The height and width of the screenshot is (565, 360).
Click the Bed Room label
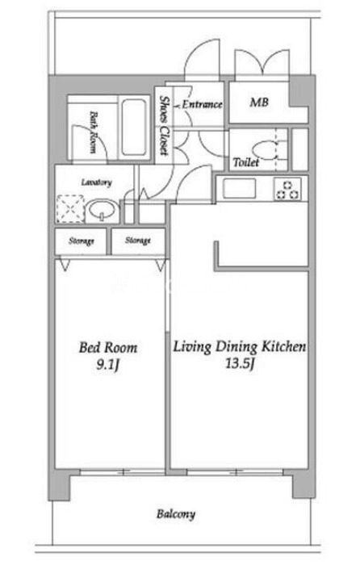coord(108,348)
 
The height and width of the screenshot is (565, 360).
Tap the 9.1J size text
coord(107,366)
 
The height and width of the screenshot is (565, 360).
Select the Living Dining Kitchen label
coord(240,346)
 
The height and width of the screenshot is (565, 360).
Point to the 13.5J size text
coord(241,364)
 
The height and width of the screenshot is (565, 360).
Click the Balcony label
coord(176,514)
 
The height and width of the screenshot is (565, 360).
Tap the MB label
coord(259,103)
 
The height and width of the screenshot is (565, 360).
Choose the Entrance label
coord(202,104)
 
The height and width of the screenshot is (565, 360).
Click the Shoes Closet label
coord(165,125)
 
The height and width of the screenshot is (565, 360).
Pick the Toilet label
coord(246,162)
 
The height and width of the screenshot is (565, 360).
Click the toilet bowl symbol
coord(266,150)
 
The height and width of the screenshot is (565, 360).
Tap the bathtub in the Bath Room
coord(134,127)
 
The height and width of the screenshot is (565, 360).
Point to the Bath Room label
coord(93,132)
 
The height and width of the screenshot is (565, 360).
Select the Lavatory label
coord(96,182)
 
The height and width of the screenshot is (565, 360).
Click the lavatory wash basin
coord(102,210)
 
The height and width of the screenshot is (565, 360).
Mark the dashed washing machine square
coord(70,208)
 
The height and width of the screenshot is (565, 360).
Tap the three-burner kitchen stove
coord(287,189)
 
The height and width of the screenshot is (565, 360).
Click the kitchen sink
coord(239,188)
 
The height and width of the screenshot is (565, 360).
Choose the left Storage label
coord(82,241)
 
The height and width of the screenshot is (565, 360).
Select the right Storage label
coord(138,241)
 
